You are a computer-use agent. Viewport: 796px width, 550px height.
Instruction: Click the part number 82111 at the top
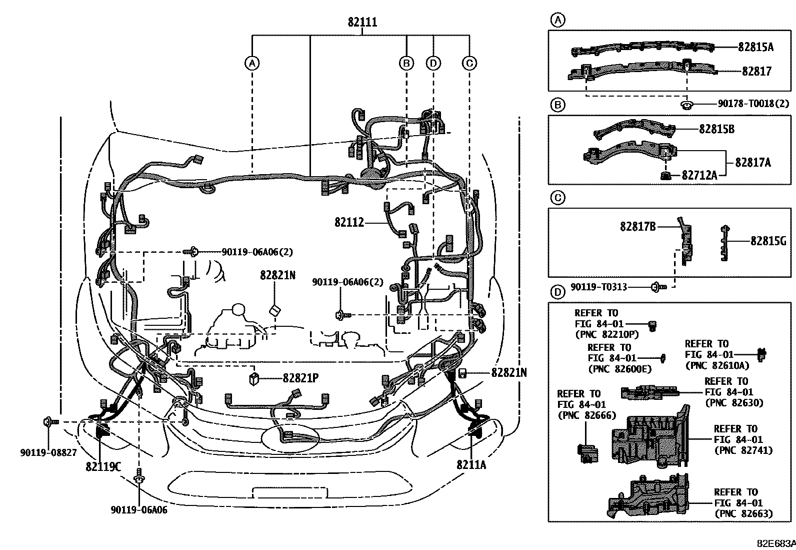[362, 23]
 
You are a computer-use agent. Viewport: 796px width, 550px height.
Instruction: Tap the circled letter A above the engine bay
[252, 63]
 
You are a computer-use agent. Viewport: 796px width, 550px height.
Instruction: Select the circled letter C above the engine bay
[469, 63]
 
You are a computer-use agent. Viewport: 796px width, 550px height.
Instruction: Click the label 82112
[349, 222]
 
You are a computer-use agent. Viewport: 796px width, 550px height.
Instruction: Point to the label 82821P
[300, 378]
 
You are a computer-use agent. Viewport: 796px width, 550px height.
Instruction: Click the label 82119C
[103, 466]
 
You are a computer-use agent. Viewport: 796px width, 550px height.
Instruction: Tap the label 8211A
[471, 464]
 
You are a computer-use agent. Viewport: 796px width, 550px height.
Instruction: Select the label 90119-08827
[48, 452]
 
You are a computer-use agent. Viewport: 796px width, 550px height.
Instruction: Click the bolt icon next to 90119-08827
[49, 422]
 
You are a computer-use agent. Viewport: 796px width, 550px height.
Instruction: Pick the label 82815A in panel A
[755, 47]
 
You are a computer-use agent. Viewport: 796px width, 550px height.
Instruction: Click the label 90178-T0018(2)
[753, 104]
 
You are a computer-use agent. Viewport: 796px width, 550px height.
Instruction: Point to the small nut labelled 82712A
[665, 175]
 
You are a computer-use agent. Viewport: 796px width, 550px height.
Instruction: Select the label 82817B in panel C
[637, 227]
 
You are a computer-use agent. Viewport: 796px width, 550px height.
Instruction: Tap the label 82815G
[768, 242]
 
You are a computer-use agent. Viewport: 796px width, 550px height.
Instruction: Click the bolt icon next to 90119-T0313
[657, 287]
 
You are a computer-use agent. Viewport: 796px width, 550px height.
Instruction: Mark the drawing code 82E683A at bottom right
[774, 543]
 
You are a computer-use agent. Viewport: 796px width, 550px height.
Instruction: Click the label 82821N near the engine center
[277, 275]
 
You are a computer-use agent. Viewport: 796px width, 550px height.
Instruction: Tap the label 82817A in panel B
[752, 162]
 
